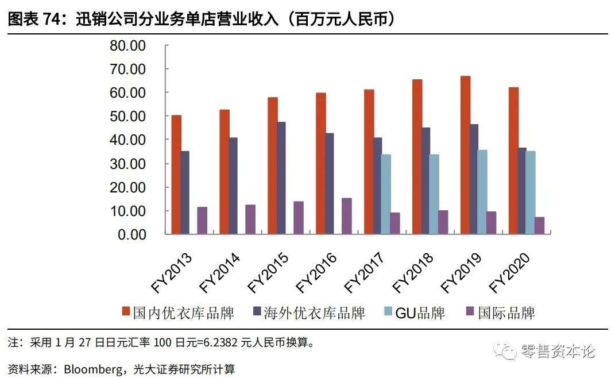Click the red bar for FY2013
pos(176,175)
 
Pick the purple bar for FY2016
pos(346,216)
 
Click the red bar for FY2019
pos(466,155)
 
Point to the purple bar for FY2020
pos(539,226)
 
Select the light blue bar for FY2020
pos(530,192)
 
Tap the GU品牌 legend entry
pos(420,313)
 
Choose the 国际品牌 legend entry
pos(506,313)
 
